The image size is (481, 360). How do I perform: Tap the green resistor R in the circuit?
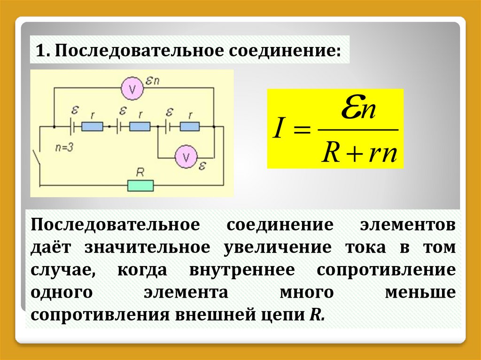[140, 185]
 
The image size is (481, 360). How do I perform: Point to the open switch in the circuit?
[38, 157]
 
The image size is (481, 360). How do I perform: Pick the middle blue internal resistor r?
[140, 127]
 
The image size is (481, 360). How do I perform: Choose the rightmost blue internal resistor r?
[189, 127]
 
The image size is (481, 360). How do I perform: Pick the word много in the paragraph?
[306, 292]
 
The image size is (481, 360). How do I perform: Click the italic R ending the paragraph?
[314, 314]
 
